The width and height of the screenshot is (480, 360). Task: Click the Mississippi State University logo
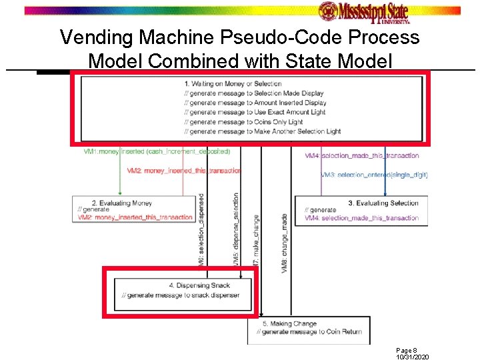coord(363,12)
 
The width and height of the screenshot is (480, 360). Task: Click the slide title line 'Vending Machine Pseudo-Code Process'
coord(240,37)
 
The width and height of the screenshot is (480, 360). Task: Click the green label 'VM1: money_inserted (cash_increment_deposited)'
coord(157,152)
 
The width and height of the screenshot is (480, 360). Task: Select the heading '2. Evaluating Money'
coord(121,203)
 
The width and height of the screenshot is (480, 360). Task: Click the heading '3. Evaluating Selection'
coord(383,203)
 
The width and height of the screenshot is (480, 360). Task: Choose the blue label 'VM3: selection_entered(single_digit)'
coord(373,175)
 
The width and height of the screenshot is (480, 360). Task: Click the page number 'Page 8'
coord(406,350)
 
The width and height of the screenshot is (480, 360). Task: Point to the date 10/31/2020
coord(412,357)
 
